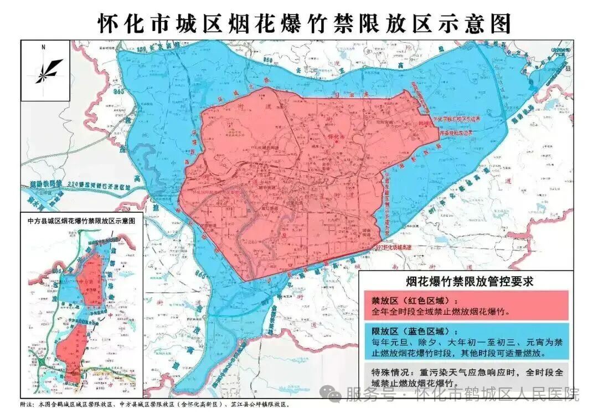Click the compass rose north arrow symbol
(49, 71)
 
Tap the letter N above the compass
(43, 48)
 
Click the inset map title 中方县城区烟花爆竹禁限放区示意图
(81, 220)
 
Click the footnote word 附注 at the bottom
(27, 406)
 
